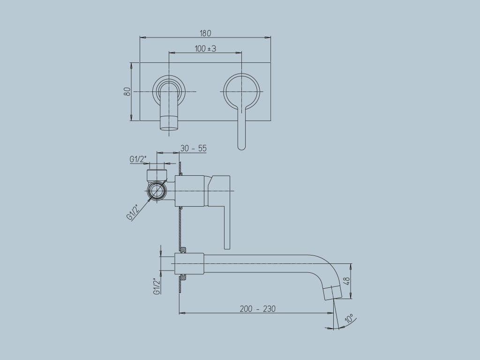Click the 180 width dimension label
pyautogui.click(x=205, y=33)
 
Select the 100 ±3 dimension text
pyautogui.click(x=205, y=48)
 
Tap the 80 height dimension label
pyautogui.click(x=127, y=91)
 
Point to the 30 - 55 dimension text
pyautogui.click(x=193, y=148)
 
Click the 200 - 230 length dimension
pyautogui.click(x=257, y=308)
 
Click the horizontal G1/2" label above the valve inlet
pyautogui.click(x=137, y=159)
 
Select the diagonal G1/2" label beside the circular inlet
pyautogui.click(x=133, y=212)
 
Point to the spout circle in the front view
pyautogui.click(x=169, y=91)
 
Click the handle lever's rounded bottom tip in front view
pyautogui.click(x=241, y=146)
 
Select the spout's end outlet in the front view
pyautogui.click(x=169, y=123)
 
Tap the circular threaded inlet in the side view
pyautogui.click(x=156, y=191)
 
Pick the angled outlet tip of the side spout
pyautogui.click(x=331, y=291)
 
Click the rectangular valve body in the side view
pyautogui.click(x=190, y=191)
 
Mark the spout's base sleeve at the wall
pyautogui.click(x=189, y=263)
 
